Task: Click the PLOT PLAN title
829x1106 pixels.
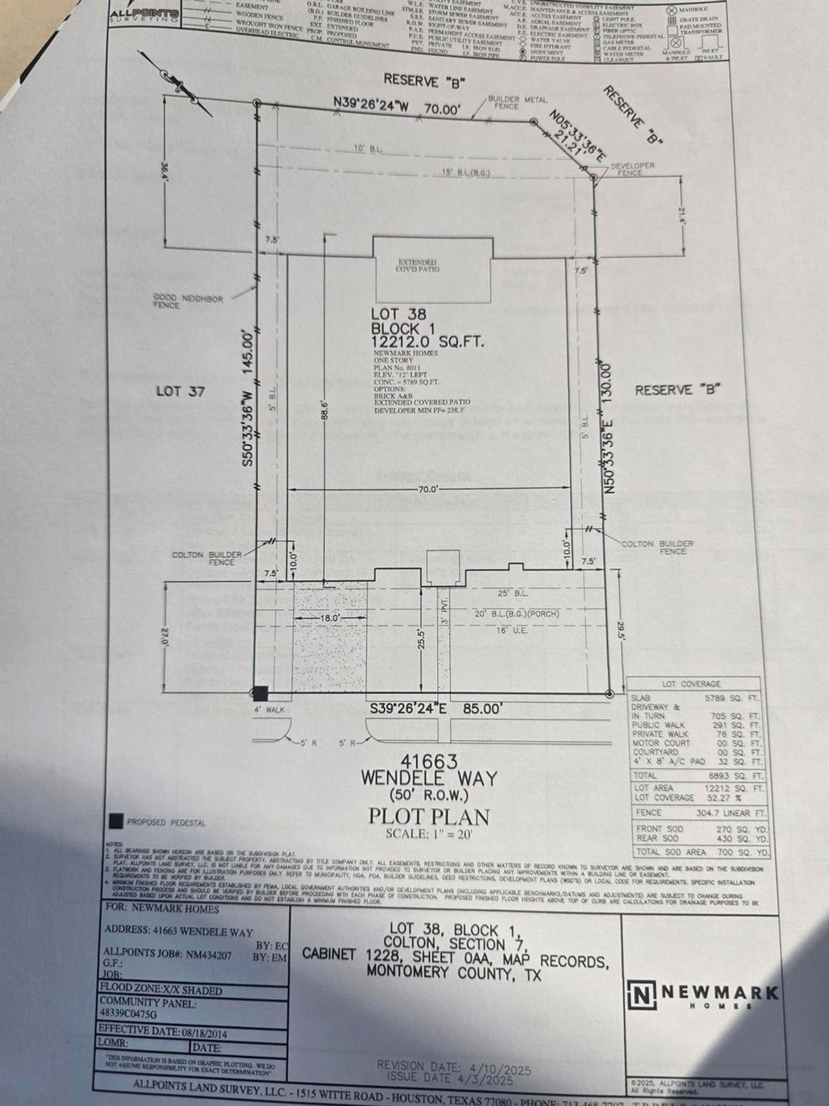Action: point(429,816)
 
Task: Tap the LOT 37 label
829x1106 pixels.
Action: point(181,391)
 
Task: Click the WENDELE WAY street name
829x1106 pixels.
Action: point(429,778)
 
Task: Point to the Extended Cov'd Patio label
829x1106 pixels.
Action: point(418,266)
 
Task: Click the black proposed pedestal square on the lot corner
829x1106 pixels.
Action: point(260,693)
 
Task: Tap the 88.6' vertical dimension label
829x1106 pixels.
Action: point(326,413)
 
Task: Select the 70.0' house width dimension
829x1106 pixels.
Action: point(427,489)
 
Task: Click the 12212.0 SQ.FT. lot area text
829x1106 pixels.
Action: point(427,342)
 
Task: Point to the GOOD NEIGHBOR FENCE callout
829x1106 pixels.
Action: point(188,302)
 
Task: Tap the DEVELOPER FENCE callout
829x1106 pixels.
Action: point(630,169)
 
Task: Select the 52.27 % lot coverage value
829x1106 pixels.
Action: point(729,798)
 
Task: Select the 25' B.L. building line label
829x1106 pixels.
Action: point(514,593)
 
